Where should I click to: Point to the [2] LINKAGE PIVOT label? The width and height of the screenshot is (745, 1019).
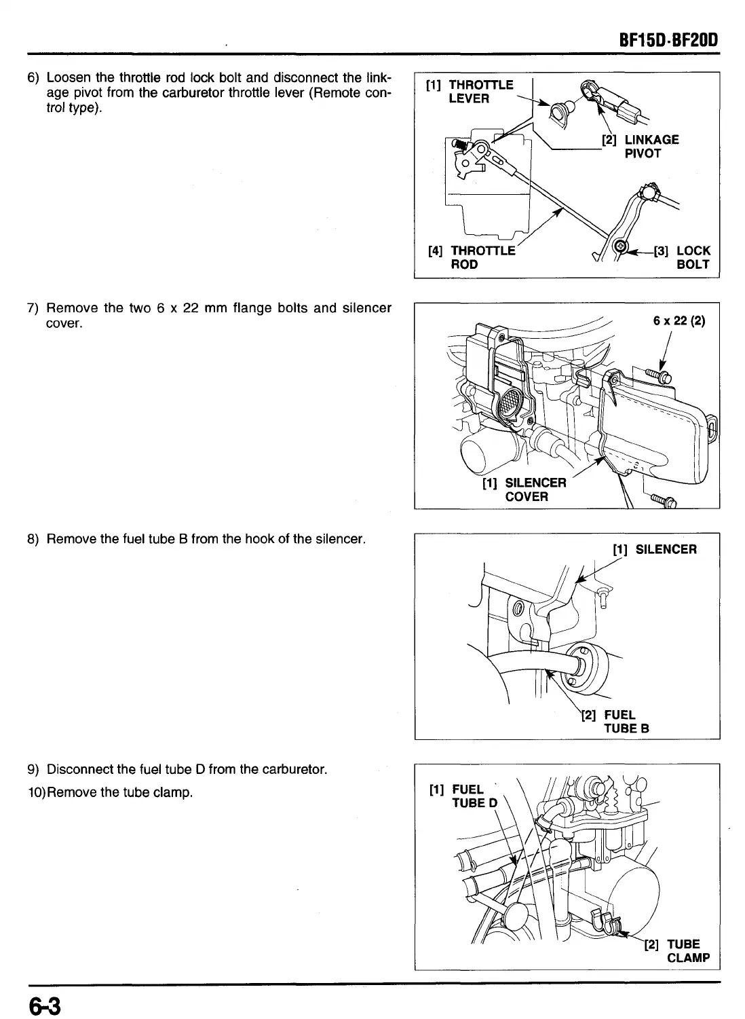click(641, 146)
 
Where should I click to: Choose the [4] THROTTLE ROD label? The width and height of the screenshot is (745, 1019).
click(472, 257)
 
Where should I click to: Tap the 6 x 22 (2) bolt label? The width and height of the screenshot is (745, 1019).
click(679, 321)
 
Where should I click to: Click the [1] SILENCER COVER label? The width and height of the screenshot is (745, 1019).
click(524, 489)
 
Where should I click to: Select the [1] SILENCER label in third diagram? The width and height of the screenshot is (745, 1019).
click(654, 549)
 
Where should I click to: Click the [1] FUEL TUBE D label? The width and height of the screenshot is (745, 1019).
click(464, 796)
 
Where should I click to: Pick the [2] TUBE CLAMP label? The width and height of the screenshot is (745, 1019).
click(676, 950)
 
